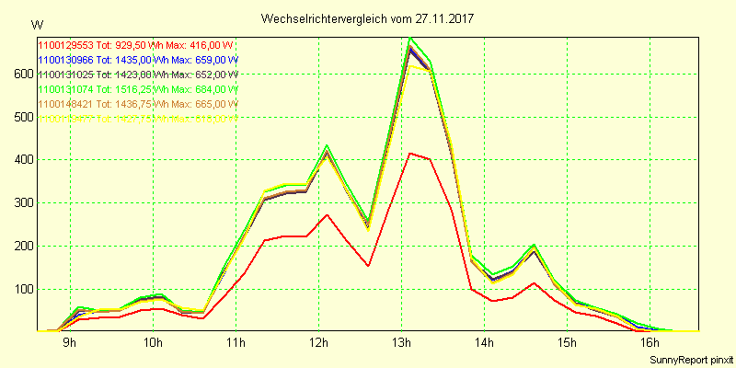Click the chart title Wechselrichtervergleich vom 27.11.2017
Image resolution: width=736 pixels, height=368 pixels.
[368, 18]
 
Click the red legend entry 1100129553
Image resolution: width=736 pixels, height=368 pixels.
[136, 44]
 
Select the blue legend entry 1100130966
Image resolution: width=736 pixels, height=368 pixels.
[136, 59]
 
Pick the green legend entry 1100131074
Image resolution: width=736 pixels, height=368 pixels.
[136, 89]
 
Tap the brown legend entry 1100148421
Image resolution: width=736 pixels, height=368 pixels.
[136, 104]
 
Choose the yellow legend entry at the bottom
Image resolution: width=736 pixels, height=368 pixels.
[136, 119]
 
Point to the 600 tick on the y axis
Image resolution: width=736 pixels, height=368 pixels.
[20, 75]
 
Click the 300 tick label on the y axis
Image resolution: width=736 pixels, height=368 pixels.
[20, 203]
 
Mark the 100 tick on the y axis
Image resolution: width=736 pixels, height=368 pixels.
[20, 289]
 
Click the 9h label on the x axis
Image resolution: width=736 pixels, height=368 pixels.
[70, 343]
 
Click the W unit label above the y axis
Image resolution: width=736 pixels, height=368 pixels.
[36, 23]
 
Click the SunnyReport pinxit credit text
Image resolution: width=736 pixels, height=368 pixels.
[691, 359]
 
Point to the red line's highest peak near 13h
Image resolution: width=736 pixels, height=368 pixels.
[409, 154]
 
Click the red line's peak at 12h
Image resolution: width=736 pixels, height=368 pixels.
[327, 215]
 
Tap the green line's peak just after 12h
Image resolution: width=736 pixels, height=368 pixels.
[327, 145]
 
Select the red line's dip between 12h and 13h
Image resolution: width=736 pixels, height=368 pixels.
[368, 266]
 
